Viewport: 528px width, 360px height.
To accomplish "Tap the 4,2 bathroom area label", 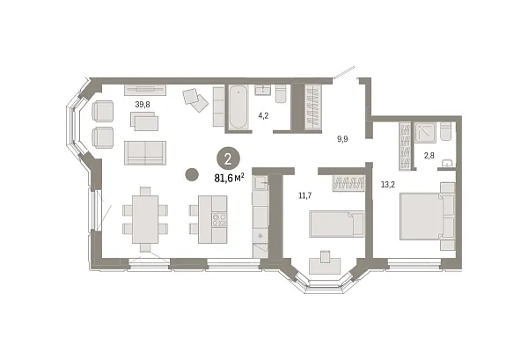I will [x=262, y=114].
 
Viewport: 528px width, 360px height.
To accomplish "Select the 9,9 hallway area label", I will [x=342, y=138].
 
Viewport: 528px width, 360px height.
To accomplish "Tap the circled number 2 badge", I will [x=227, y=158].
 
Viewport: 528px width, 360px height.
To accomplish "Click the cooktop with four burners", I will [x=216, y=218].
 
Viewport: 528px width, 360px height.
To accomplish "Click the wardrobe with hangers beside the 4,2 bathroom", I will [x=310, y=107].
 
